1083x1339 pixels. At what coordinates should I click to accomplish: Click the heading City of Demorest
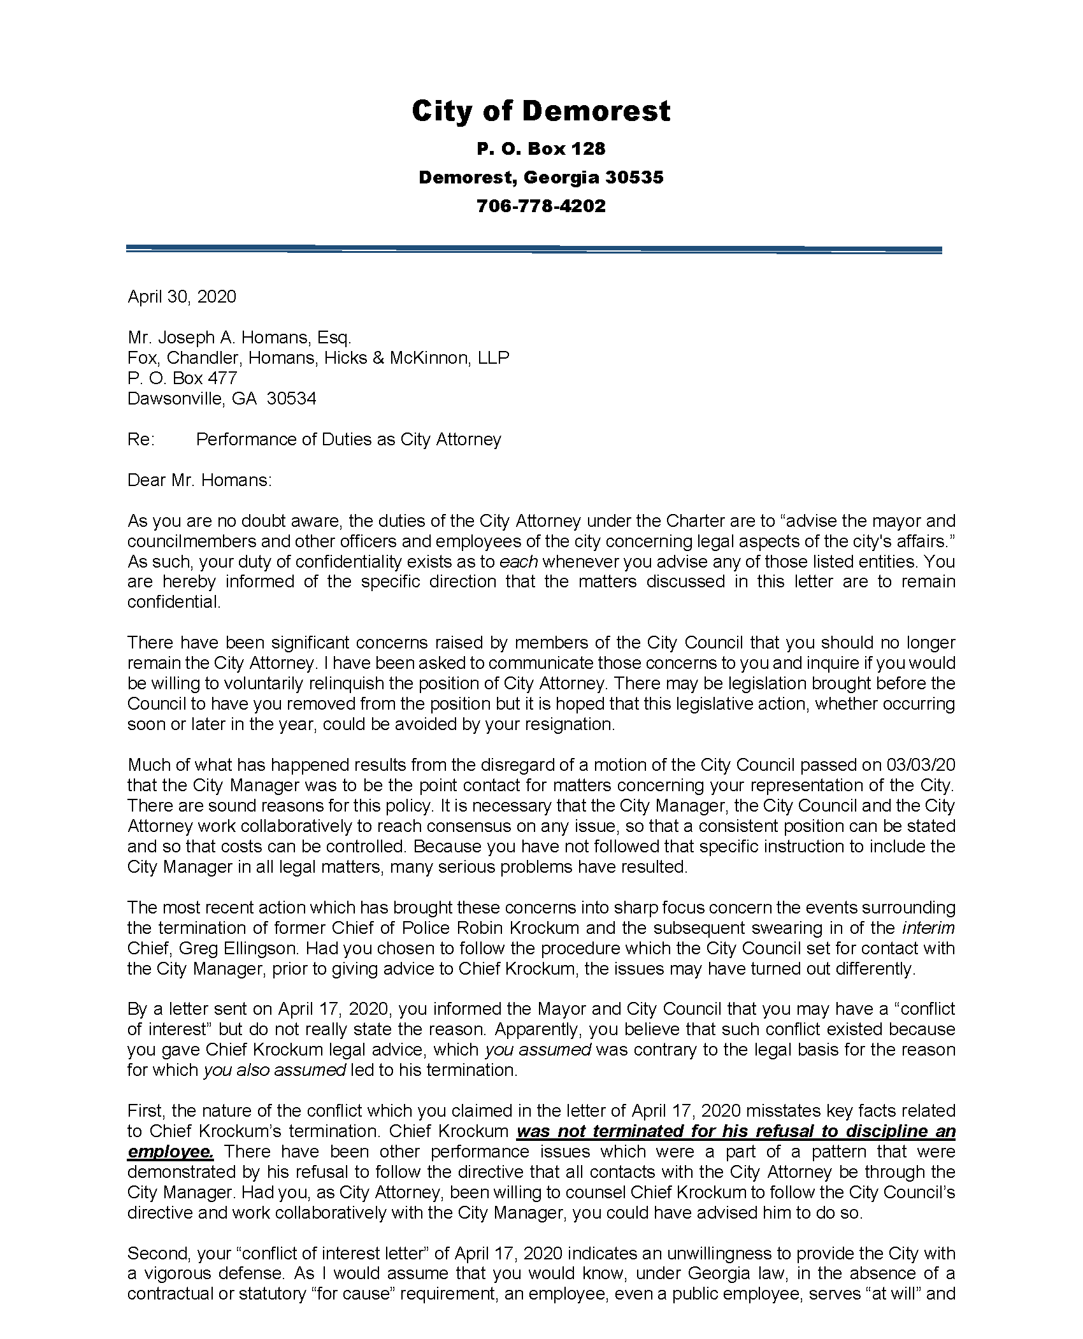541,111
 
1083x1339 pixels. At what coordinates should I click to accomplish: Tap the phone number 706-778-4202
541,206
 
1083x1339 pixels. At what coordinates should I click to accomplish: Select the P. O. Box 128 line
541,149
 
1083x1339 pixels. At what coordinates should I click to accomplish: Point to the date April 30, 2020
182,297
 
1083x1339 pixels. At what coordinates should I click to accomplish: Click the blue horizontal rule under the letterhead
534,249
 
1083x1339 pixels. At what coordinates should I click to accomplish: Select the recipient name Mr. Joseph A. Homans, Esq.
239,337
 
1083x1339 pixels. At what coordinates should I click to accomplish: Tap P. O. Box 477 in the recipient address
182,378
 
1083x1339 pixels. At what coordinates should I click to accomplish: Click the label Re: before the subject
141,440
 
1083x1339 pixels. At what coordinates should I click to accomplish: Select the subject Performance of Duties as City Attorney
348,440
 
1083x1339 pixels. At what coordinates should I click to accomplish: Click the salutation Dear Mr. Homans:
199,480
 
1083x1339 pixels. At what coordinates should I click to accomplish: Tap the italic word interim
928,928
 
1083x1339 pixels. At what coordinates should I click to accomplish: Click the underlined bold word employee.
170,1152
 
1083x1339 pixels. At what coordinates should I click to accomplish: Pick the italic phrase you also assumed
275,1070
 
